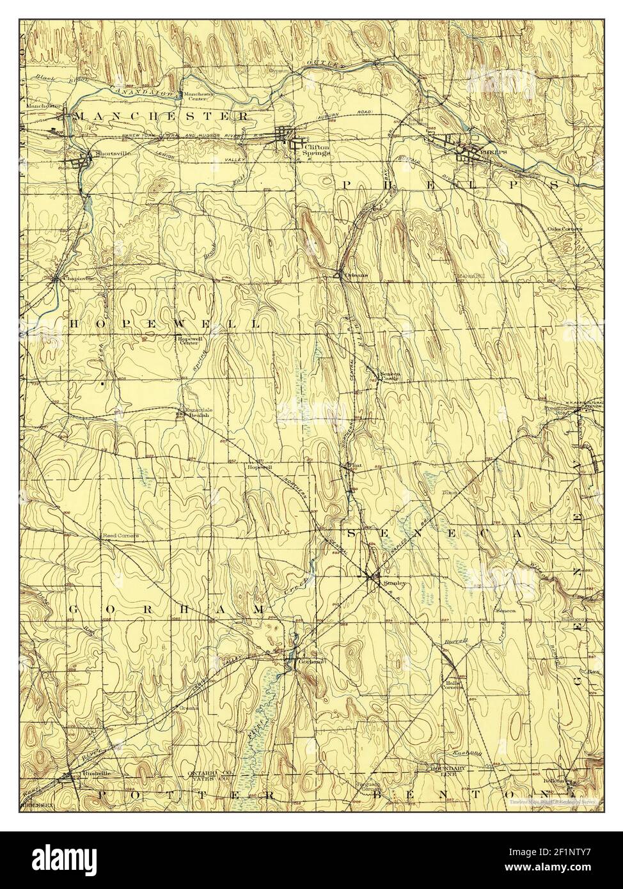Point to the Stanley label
[391, 583]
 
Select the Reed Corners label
[120, 535]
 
